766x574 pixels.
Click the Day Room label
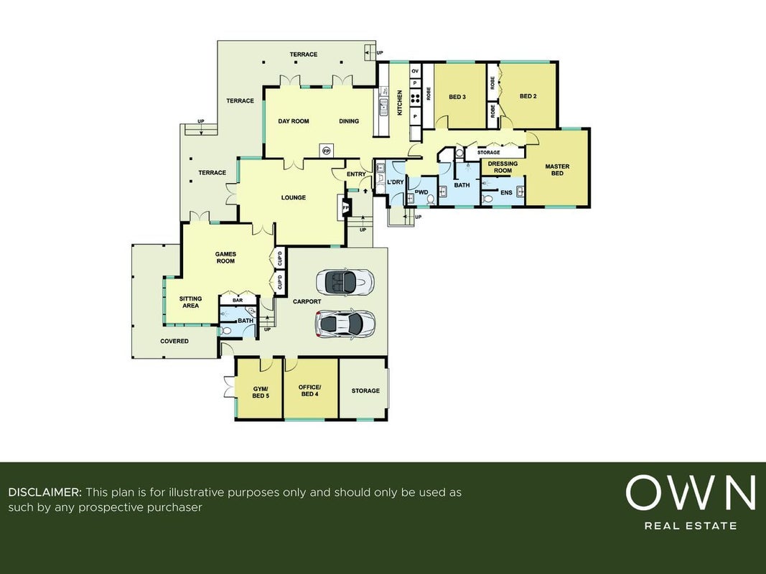point(294,121)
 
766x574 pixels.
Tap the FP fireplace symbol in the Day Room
point(326,151)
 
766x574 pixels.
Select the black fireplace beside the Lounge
point(346,208)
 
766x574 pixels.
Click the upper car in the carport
point(345,281)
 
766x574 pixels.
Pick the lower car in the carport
point(345,323)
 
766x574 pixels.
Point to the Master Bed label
point(557,170)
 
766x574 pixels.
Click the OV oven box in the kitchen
point(415,71)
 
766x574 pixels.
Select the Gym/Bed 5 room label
point(261,392)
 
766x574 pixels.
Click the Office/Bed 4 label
point(309,390)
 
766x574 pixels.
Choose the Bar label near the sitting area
point(238,300)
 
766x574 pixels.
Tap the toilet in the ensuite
point(487,199)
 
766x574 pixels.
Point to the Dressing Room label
point(503,167)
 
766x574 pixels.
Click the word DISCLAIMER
point(45,492)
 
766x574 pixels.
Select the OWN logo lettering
point(691,492)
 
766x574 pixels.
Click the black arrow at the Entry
point(365,190)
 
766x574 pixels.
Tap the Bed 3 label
point(457,97)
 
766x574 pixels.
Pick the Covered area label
point(174,342)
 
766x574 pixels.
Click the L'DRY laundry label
point(396,182)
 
